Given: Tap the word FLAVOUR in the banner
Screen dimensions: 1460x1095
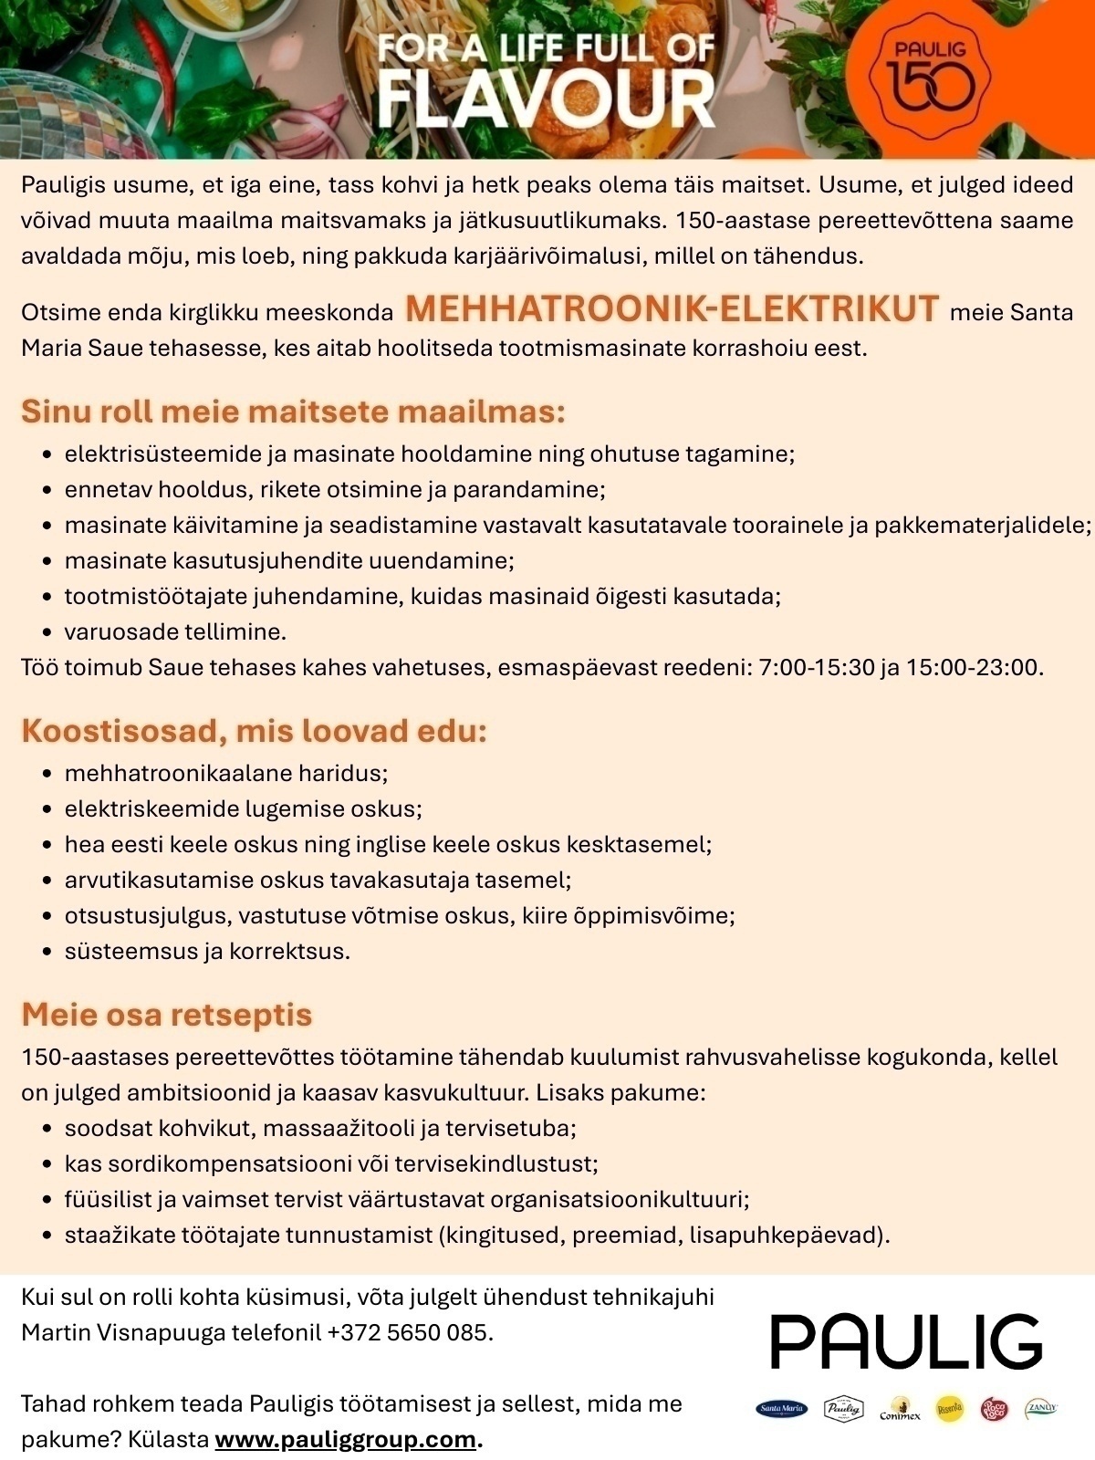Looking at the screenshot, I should point(546,100).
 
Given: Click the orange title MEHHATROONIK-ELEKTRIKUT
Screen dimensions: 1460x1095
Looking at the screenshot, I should point(672,309).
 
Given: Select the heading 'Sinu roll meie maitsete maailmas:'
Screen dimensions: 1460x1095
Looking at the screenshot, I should point(293,412).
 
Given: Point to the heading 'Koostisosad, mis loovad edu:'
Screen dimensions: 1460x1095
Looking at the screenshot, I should point(254,731).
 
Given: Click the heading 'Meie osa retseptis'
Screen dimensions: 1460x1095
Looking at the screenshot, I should point(166,1015).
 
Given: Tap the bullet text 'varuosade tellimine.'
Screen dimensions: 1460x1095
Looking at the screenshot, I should point(175,631).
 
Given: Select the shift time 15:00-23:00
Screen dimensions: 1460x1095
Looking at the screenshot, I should point(973,667).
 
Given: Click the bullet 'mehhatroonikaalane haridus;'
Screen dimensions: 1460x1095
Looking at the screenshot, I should point(226,774).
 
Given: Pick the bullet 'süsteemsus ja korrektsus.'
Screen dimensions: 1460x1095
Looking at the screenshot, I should point(207,951).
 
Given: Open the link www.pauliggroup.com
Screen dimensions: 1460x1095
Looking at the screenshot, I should point(345,1439).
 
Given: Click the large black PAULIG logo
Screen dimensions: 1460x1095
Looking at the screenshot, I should point(906,1341).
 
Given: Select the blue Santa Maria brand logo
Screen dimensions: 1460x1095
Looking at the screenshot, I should point(782,1410).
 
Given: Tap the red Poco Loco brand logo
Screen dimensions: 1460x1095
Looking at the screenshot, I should point(994,1410).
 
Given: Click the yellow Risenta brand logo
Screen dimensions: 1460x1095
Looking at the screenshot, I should point(950,1410).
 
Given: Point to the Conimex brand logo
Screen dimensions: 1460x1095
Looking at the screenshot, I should point(900,1411).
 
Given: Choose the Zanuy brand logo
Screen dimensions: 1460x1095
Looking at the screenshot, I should point(1040,1409).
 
